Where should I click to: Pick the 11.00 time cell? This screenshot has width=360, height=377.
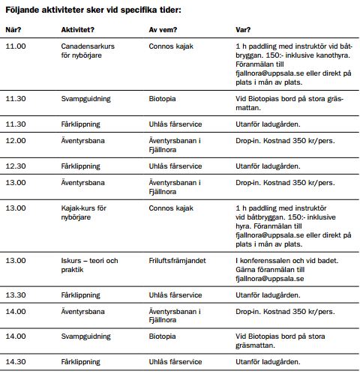pyautogui.click(x=16, y=46)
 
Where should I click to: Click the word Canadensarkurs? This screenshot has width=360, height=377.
pyautogui.click(x=88, y=46)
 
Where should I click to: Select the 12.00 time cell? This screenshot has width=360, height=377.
pyautogui.click(x=16, y=140)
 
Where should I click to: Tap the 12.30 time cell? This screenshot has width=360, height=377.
pyautogui.click(x=16, y=166)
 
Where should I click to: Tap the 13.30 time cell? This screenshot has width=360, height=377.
pyautogui.click(x=16, y=295)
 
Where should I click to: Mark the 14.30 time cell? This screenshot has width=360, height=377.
pyautogui.click(x=16, y=362)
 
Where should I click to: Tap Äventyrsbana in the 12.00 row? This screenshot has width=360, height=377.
pyautogui.click(x=83, y=140)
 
